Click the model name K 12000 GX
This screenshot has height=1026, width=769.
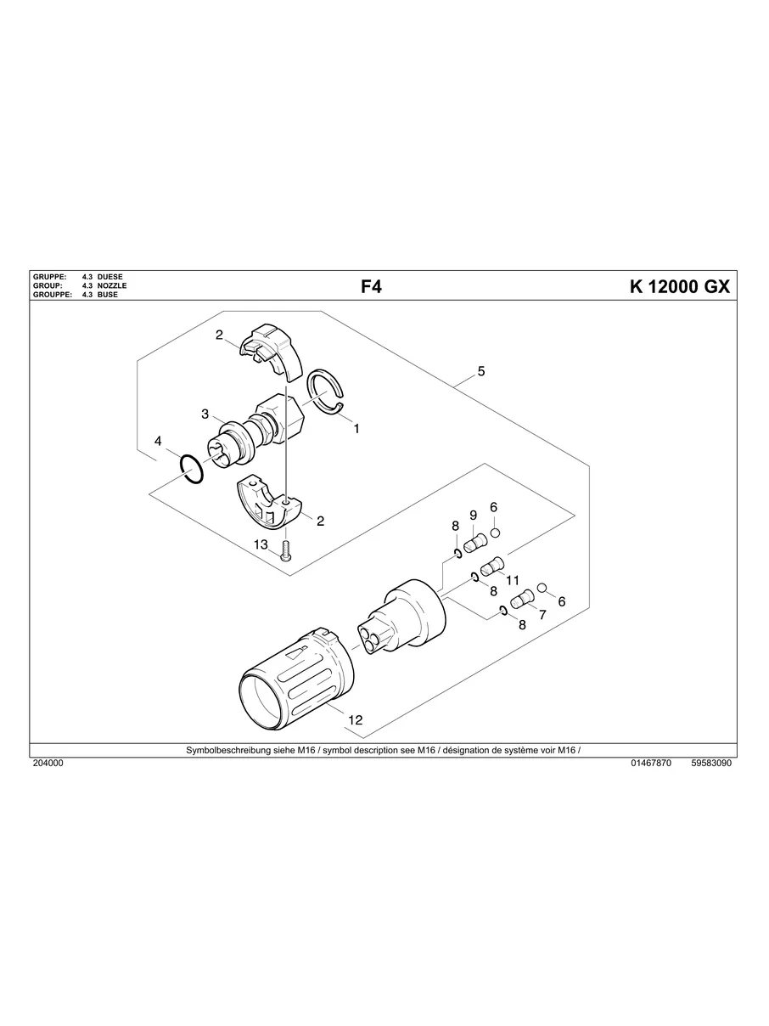click(679, 287)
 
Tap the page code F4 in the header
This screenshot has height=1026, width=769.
click(372, 287)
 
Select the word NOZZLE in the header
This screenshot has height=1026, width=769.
click(112, 286)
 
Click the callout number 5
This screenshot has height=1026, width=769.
click(481, 371)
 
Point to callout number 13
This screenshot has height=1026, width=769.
click(260, 544)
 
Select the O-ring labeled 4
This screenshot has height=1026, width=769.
click(193, 468)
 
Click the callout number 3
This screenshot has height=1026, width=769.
click(205, 414)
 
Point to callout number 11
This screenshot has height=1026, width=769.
click(512, 579)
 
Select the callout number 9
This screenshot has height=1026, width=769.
click(473, 515)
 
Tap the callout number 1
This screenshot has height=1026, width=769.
click(356, 429)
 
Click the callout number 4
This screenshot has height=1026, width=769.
click(158, 442)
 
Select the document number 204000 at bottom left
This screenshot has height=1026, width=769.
click(48, 764)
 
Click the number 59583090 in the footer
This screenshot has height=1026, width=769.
click(711, 764)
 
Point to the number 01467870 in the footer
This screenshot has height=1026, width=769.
click(651, 764)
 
